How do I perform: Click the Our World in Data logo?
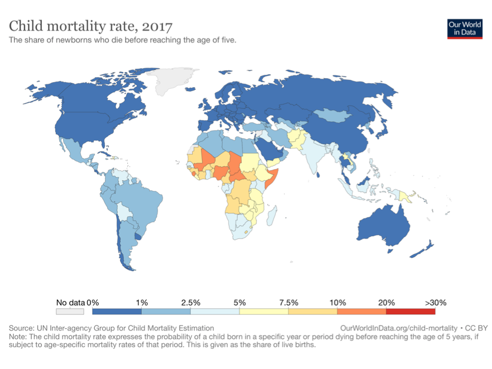pyautogui.click(x=465, y=28)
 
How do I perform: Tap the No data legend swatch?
pyautogui.click(x=70, y=312)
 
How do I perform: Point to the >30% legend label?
pyautogui.click(x=435, y=302)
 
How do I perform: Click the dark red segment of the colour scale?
pyautogui.click(x=410, y=312)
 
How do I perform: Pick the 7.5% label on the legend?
pyautogui.click(x=288, y=302)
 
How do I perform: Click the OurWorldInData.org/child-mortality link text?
pyautogui.click(x=399, y=328)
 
